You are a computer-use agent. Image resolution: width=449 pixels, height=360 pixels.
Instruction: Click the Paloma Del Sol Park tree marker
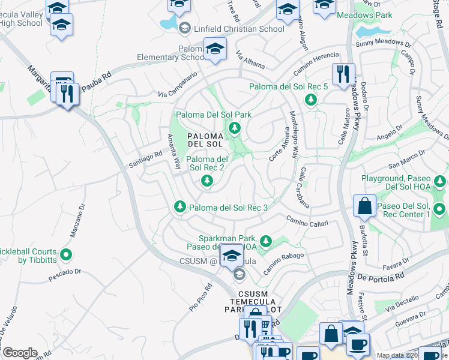(234, 127)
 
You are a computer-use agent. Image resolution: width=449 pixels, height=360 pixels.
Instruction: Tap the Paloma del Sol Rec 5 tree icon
(311, 100)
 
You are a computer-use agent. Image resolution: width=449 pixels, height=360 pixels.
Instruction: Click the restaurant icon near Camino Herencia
(343, 74)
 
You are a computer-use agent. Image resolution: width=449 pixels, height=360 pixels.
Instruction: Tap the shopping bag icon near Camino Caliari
(364, 206)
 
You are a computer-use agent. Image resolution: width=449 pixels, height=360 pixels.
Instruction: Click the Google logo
(20, 353)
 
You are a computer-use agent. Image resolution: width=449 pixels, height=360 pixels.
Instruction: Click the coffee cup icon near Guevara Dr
(358, 344)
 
